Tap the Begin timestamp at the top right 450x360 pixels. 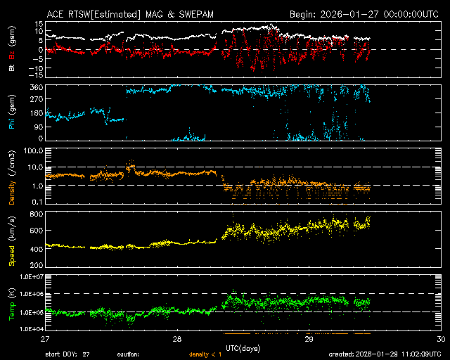point(366,14)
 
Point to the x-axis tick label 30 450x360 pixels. point(440,339)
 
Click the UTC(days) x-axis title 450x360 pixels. point(243,348)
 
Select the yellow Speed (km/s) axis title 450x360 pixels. point(12,240)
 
